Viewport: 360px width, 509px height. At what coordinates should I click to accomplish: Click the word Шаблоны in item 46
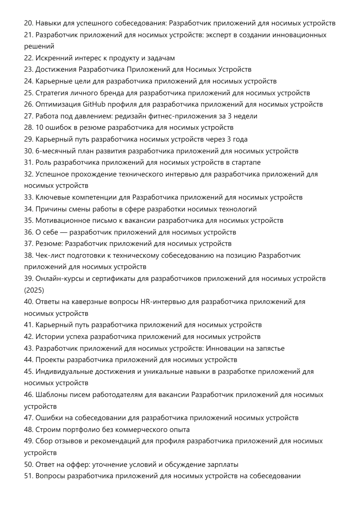click(51, 395)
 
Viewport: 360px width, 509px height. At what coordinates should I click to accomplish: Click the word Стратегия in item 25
click(52, 93)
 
